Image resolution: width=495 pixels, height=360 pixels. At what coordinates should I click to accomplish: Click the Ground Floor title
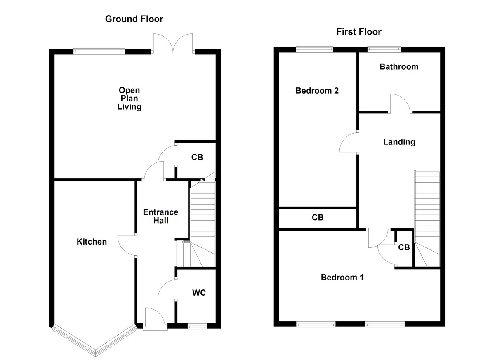click(x=134, y=19)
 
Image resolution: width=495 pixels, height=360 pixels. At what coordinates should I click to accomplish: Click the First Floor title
click(x=358, y=32)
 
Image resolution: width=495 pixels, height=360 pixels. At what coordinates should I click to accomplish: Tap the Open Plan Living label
click(x=129, y=99)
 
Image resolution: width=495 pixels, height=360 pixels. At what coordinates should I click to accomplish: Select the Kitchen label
click(x=92, y=242)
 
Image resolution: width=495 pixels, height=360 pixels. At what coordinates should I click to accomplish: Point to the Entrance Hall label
click(x=160, y=216)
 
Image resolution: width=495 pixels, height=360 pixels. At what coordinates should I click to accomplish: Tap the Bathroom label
click(x=398, y=67)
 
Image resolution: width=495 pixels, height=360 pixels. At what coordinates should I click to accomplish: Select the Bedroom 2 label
click(x=317, y=91)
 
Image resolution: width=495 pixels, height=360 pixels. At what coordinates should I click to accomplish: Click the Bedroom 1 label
click(x=342, y=278)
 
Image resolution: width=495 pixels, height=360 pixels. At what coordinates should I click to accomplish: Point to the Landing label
click(x=399, y=142)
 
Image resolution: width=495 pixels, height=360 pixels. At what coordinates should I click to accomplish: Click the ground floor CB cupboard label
click(x=197, y=157)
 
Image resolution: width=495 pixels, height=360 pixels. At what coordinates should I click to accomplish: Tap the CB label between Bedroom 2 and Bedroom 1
click(x=318, y=217)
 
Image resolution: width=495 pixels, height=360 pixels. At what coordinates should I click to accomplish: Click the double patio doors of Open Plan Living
click(x=174, y=43)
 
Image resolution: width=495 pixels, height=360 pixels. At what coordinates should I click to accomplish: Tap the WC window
click(x=197, y=326)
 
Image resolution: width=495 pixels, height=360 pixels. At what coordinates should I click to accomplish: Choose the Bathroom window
click(x=383, y=49)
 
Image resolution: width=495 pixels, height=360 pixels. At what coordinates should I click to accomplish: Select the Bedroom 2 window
click(x=314, y=49)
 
